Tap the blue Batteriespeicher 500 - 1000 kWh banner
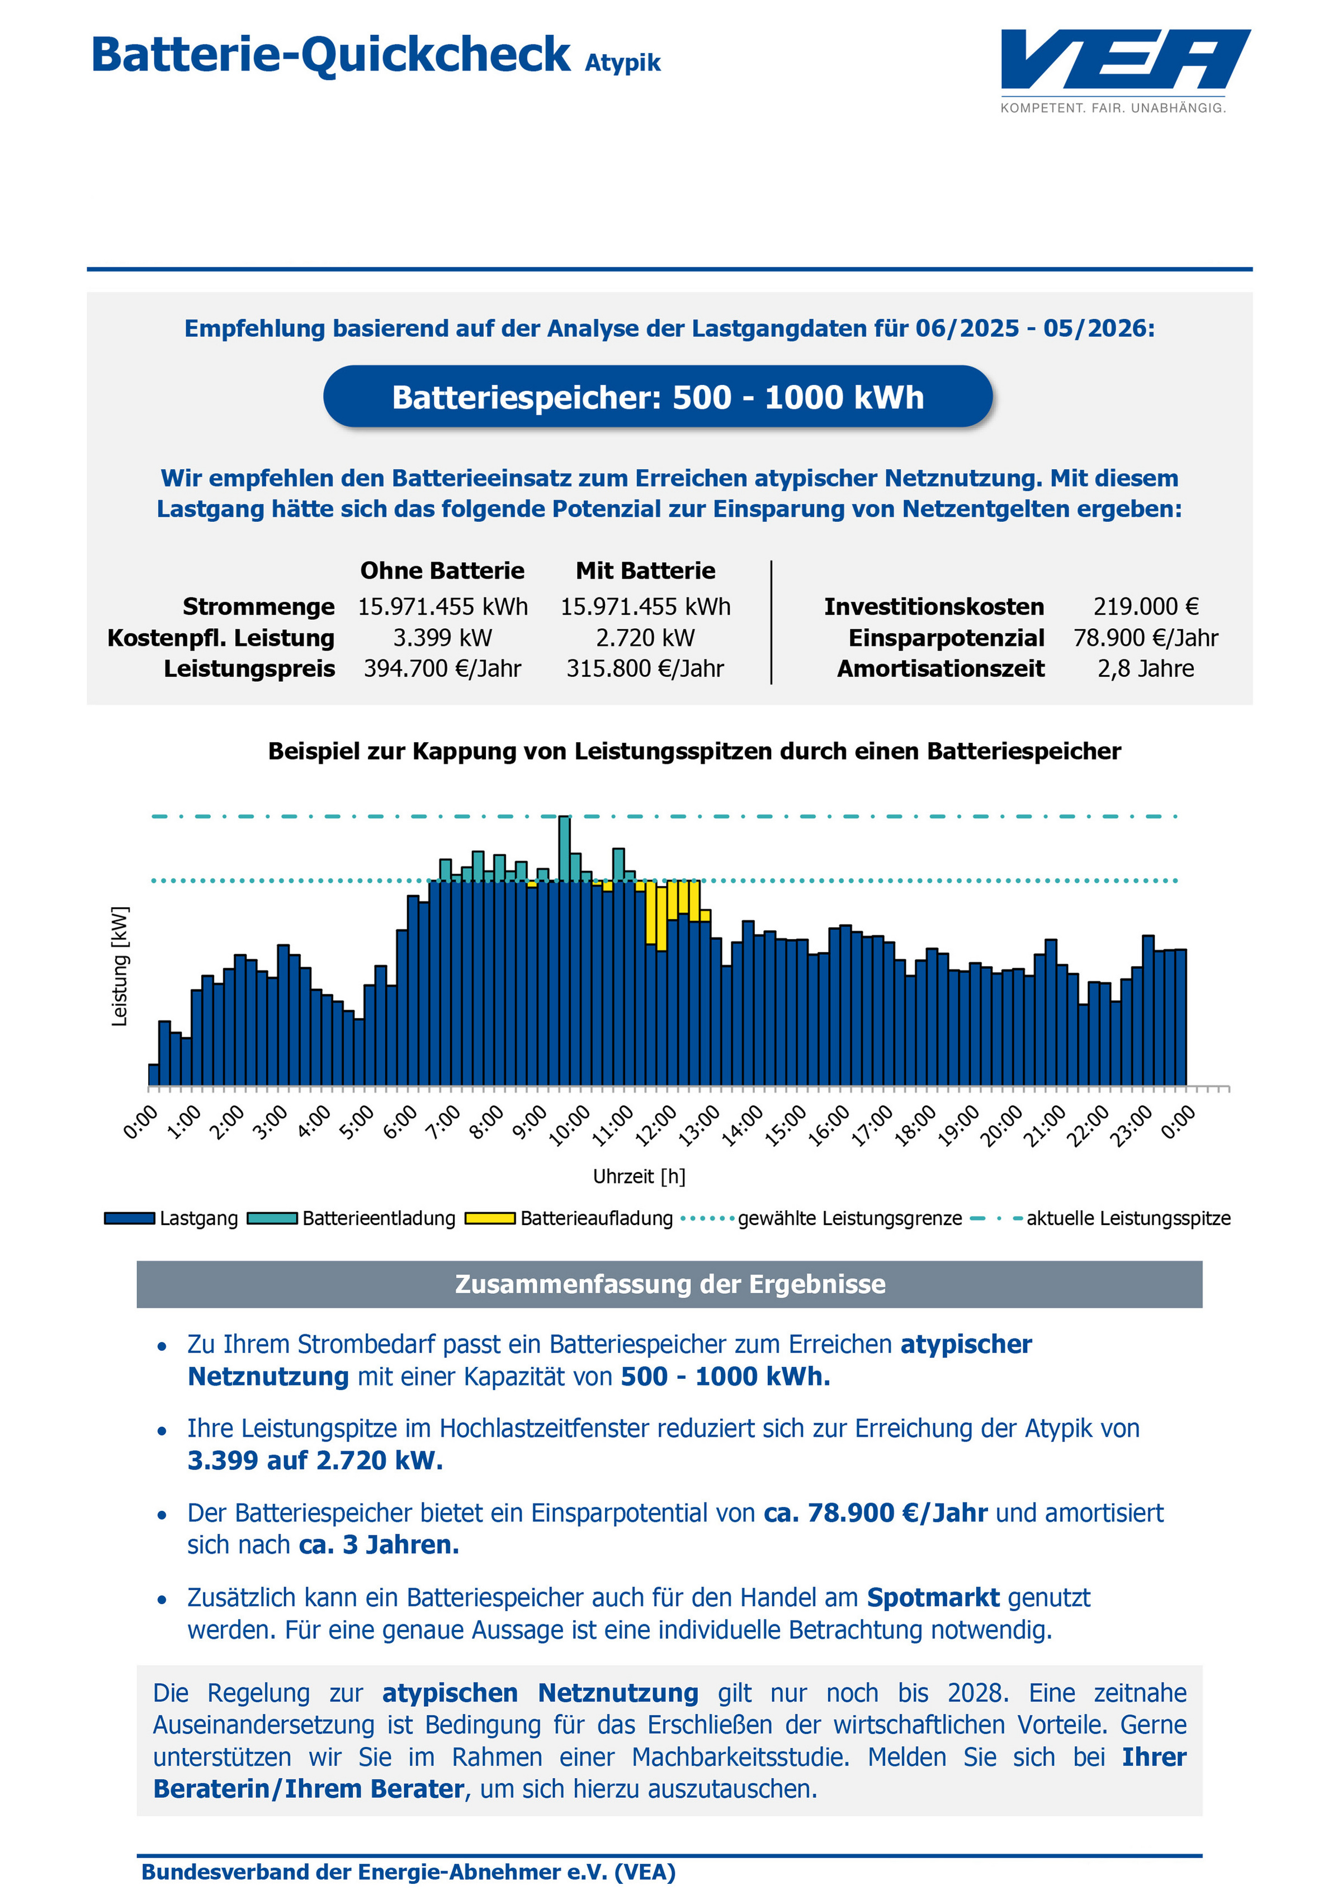(x=658, y=397)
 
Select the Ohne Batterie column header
(x=442, y=571)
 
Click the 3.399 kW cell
(x=442, y=638)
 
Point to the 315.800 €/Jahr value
(x=645, y=668)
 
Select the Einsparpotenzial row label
(x=947, y=638)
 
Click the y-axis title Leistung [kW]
(x=120, y=966)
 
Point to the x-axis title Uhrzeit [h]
(x=639, y=1176)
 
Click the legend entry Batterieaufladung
(x=569, y=1218)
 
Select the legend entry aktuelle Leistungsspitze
(x=1100, y=1218)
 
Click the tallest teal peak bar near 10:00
(x=564, y=849)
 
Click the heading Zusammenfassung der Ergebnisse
(x=670, y=1284)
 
